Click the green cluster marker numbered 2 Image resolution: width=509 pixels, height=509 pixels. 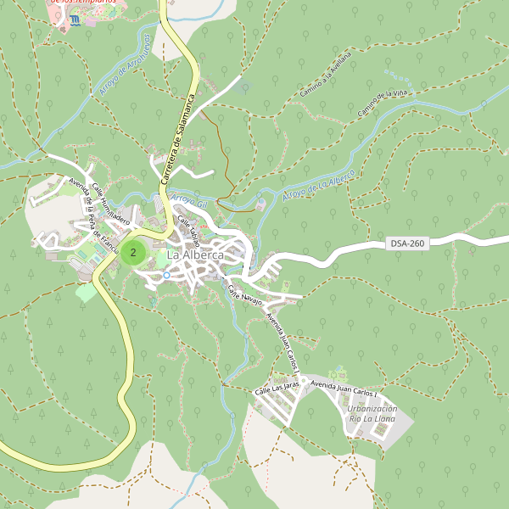132,252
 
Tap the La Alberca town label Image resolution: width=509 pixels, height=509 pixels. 195,255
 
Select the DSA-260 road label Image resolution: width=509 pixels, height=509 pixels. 407,243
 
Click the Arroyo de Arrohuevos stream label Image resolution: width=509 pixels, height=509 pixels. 124,66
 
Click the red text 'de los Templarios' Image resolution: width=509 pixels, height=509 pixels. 81,3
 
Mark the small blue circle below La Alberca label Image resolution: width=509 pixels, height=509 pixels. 166,275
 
